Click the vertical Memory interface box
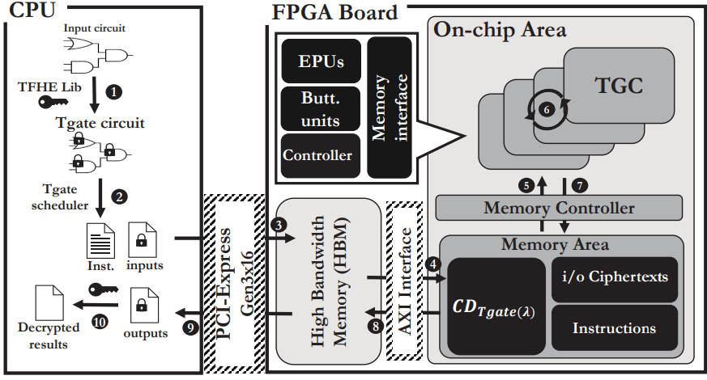click(x=389, y=107)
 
